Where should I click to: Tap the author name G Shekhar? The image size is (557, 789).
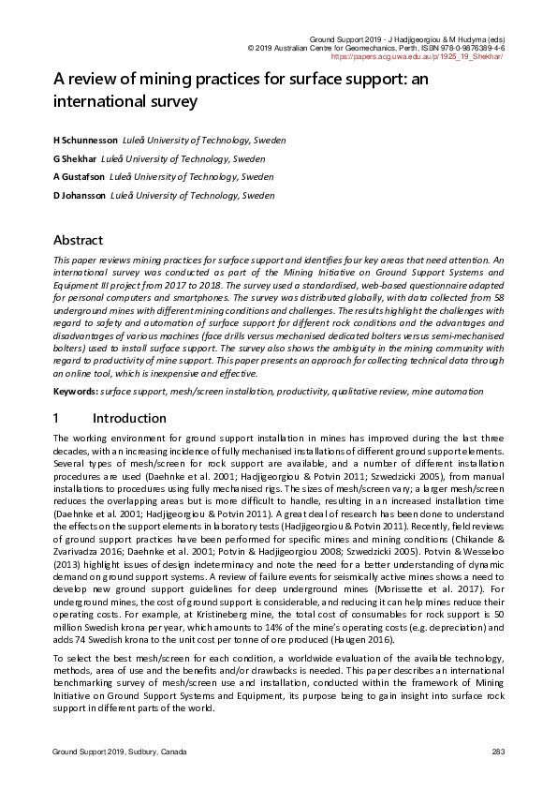tap(74, 158)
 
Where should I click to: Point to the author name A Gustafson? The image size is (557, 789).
tap(78, 176)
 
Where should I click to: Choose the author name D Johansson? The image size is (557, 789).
tap(79, 196)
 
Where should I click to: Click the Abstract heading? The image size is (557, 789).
tap(78, 240)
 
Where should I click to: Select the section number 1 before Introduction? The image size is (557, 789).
tap(56, 418)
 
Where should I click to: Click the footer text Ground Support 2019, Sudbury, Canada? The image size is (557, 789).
tap(119, 752)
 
